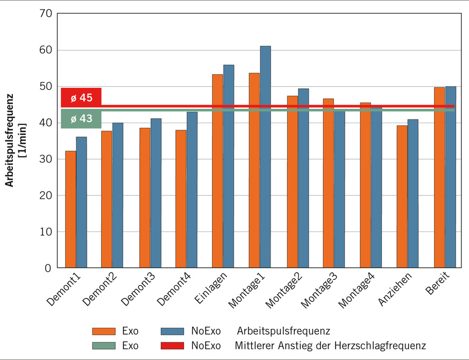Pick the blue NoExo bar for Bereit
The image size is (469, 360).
[450, 177]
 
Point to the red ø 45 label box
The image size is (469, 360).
[81, 97]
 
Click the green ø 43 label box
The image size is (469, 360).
[81, 118]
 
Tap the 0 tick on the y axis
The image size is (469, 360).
[48, 268]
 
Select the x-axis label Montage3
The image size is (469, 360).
[317, 291]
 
